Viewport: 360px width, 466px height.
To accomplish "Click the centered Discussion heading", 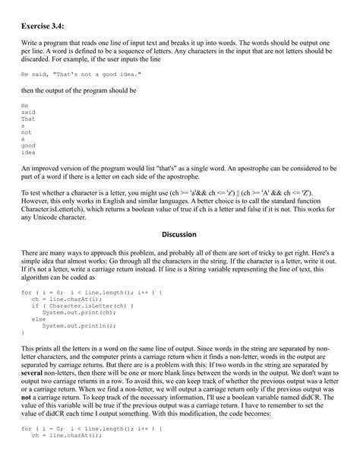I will tap(179, 234).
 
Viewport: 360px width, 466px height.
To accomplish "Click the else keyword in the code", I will tap(37, 319).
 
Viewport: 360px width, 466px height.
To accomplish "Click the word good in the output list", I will tap(28, 145).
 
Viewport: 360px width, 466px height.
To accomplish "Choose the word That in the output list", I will tap(28, 119).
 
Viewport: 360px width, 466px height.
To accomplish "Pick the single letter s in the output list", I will tap(23, 125).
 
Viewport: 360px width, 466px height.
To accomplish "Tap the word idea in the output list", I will tap(28, 152).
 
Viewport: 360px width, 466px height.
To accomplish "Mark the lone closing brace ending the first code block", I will tap(23, 332).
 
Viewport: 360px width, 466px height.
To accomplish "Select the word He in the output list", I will tap(24, 105).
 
